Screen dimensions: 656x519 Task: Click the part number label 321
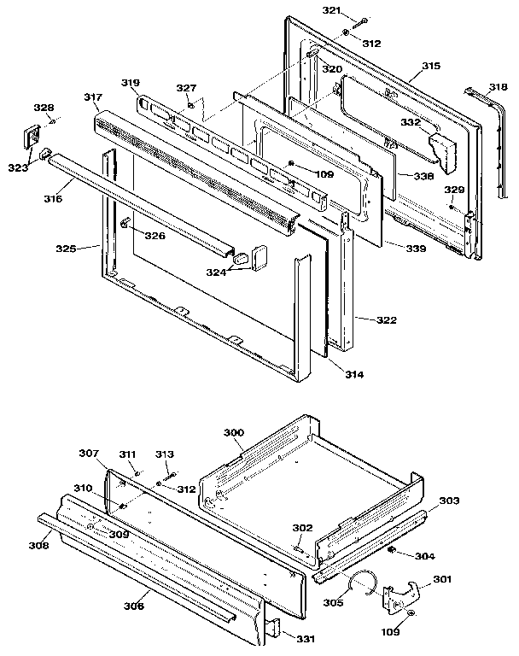pos(331,10)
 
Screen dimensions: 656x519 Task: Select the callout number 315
pos(431,66)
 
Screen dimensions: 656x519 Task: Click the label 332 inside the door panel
pos(411,123)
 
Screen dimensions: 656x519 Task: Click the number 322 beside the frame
pos(386,319)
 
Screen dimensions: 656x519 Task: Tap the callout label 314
pos(353,375)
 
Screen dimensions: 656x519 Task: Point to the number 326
pos(155,235)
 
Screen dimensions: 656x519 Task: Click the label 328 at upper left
pos(43,108)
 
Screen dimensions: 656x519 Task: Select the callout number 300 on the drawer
pos(234,433)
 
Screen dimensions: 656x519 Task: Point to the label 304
pos(423,556)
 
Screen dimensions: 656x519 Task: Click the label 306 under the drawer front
pos(132,606)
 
